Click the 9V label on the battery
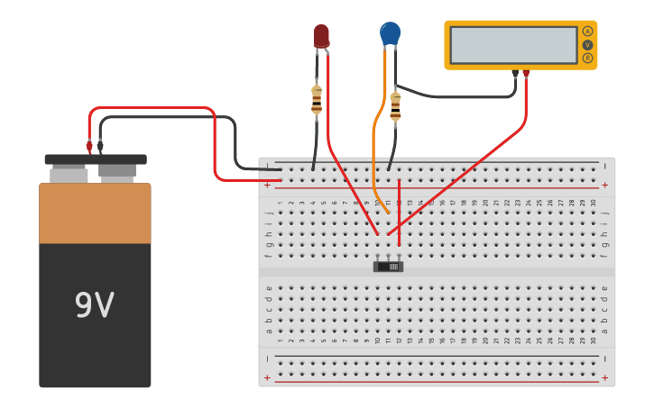pos(94,306)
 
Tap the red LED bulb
pos(321,35)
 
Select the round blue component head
pos(390,33)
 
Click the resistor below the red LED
pos(317,99)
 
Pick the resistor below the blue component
pos(395,106)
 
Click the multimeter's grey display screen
pos(513,45)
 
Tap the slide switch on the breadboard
pos(388,266)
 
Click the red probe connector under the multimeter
pos(526,74)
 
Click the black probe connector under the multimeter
pos(515,74)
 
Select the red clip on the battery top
pos(89,145)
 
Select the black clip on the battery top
pos(100,145)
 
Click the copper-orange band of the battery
pos(95,213)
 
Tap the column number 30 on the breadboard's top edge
pos(593,203)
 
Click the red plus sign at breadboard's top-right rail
pos(604,185)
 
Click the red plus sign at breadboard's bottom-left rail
pos(267,377)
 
